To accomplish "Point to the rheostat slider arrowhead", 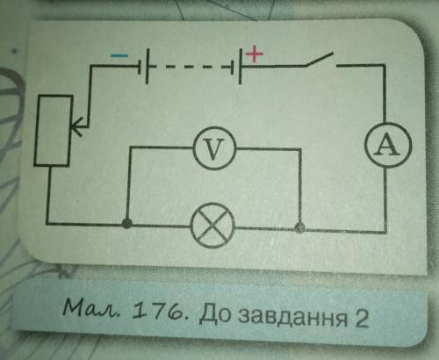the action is [76, 127].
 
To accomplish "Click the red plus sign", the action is [255, 54].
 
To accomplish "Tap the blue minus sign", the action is [119, 55].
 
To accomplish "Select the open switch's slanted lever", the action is [320, 60].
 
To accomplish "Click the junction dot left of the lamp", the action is [126, 224].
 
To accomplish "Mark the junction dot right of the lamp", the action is [299, 227].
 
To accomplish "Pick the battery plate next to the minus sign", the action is [147, 67].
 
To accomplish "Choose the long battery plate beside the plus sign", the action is [240, 67].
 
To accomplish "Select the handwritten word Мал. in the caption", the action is [91, 309].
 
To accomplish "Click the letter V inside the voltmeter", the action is [214, 148].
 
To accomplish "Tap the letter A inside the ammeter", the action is [388, 145].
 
